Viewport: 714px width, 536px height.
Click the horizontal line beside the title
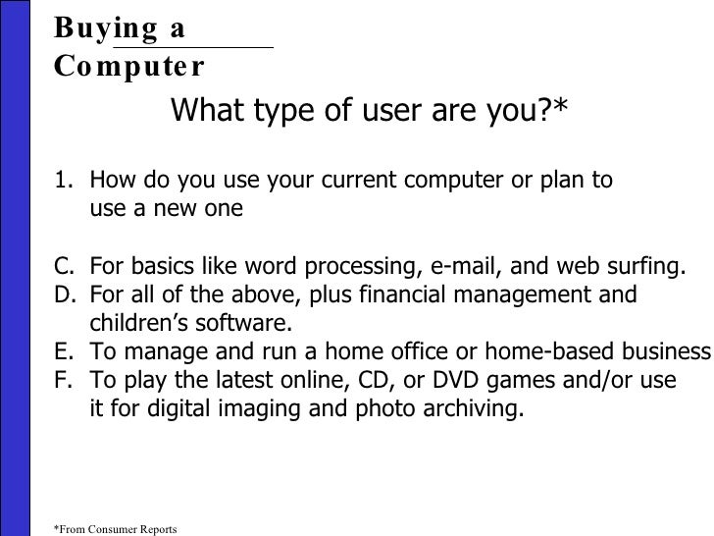(x=193, y=46)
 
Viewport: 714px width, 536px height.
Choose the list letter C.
(x=62, y=267)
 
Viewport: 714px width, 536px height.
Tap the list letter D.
(x=62, y=295)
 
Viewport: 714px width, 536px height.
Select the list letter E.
(x=62, y=352)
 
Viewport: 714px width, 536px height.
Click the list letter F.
(x=62, y=381)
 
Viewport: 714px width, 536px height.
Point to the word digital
(x=161, y=409)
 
